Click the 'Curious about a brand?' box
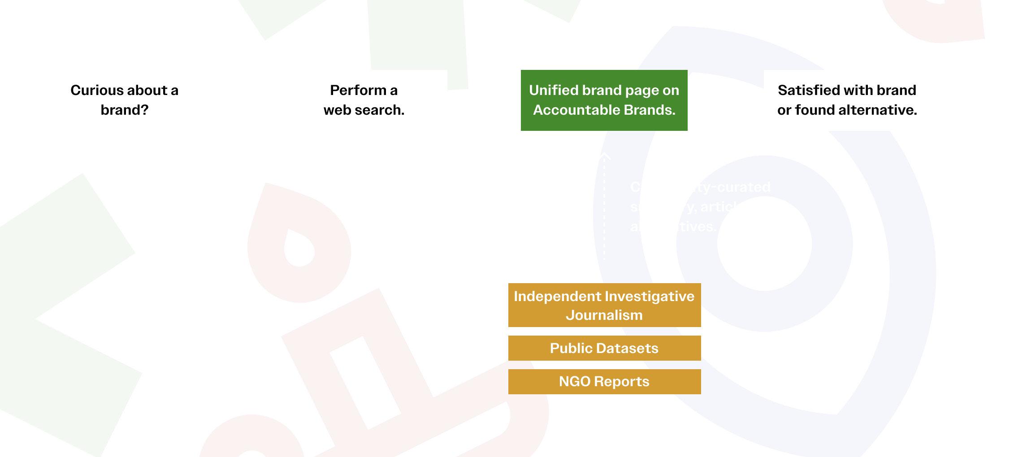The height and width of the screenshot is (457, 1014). [125, 100]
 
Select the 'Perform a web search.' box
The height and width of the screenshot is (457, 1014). [364, 100]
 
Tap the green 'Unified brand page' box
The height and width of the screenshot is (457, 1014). [604, 100]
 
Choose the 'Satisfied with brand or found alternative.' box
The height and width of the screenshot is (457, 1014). [847, 100]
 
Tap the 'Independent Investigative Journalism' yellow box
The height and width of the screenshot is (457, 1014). [604, 305]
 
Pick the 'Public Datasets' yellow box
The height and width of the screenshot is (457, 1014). [604, 348]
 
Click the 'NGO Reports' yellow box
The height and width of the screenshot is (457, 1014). [604, 382]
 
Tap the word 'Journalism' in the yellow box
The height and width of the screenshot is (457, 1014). [604, 315]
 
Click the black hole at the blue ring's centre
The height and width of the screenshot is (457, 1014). [764, 244]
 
